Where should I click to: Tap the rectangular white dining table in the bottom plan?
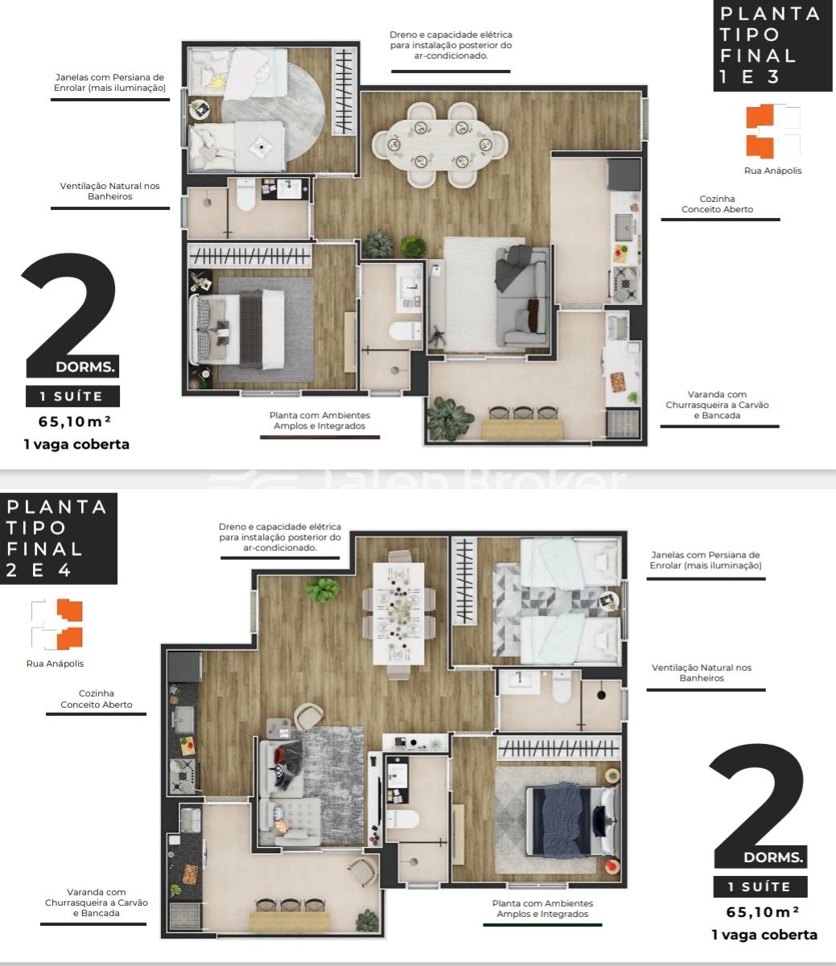[398, 613]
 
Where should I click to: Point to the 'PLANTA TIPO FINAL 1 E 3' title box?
[772, 45]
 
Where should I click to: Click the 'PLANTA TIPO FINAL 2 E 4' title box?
[59, 538]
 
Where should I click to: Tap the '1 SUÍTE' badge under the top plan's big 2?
[72, 397]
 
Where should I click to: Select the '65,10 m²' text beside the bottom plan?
[762, 912]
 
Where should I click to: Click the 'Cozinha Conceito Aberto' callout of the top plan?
[717, 204]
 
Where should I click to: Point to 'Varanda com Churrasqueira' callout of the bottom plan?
[97, 902]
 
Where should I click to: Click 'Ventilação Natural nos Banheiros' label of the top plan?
[110, 191]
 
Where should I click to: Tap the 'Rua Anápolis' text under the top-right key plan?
[773, 171]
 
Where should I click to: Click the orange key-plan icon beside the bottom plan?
[69, 624]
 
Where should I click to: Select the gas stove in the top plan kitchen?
[626, 284]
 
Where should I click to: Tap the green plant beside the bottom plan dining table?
[323, 590]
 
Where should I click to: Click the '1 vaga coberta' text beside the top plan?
[76, 444]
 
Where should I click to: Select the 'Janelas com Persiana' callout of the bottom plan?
[706, 560]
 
